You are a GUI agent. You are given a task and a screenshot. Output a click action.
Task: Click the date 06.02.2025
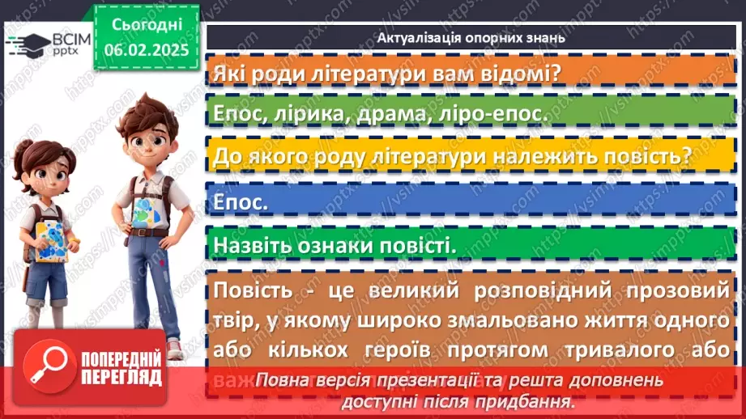click(146, 49)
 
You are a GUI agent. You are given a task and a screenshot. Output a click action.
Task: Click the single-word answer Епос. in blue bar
click(241, 201)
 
